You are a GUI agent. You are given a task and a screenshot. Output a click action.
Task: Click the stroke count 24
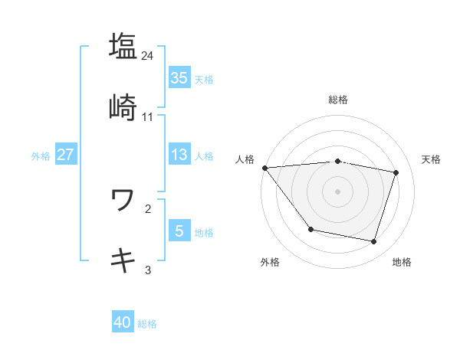tap(148, 55)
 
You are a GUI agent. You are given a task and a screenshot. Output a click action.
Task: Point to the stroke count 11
tap(148, 117)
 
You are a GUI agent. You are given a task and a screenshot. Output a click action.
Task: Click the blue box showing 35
tap(179, 77)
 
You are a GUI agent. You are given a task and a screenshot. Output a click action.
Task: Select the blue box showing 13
tap(179, 155)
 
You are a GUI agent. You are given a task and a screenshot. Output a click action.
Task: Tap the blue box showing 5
tap(179, 231)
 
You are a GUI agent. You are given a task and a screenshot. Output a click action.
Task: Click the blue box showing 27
tap(65, 155)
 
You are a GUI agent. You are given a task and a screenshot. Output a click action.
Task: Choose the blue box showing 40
tap(123, 323)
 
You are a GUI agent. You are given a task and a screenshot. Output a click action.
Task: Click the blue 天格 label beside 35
tap(204, 79)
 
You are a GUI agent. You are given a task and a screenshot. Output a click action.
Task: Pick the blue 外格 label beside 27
tap(41, 156)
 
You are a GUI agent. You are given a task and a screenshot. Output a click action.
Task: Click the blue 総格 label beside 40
tap(147, 325)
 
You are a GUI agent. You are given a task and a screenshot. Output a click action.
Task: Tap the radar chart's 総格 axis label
tap(338, 100)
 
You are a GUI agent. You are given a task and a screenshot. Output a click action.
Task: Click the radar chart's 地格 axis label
tap(402, 262)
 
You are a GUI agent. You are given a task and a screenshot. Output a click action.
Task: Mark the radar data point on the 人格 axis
tap(264, 168)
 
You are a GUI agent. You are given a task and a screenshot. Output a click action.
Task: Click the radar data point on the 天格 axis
tap(396, 172)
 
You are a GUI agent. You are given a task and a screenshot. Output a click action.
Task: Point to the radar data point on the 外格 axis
tap(310, 229)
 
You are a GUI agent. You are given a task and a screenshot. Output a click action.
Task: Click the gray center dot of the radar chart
tap(338, 191)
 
